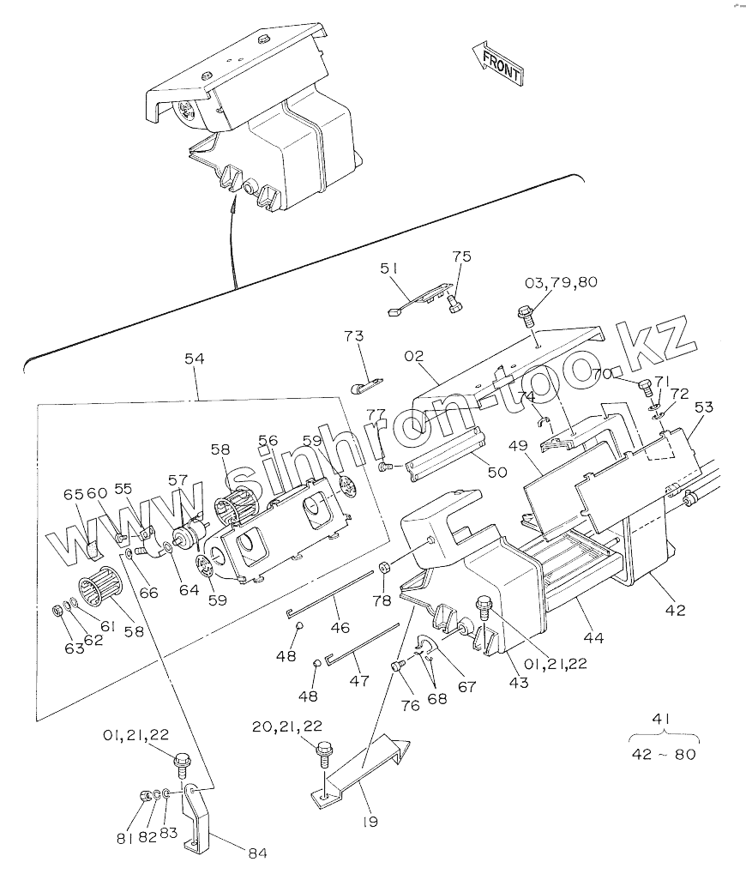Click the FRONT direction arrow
click(496, 63)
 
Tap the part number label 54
click(195, 361)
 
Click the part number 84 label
click(258, 853)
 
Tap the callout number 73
click(354, 335)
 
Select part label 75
click(462, 256)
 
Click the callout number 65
click(73, 494)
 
